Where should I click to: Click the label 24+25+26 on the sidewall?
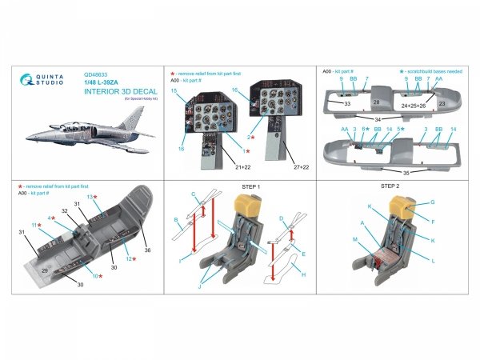(415, 105)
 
